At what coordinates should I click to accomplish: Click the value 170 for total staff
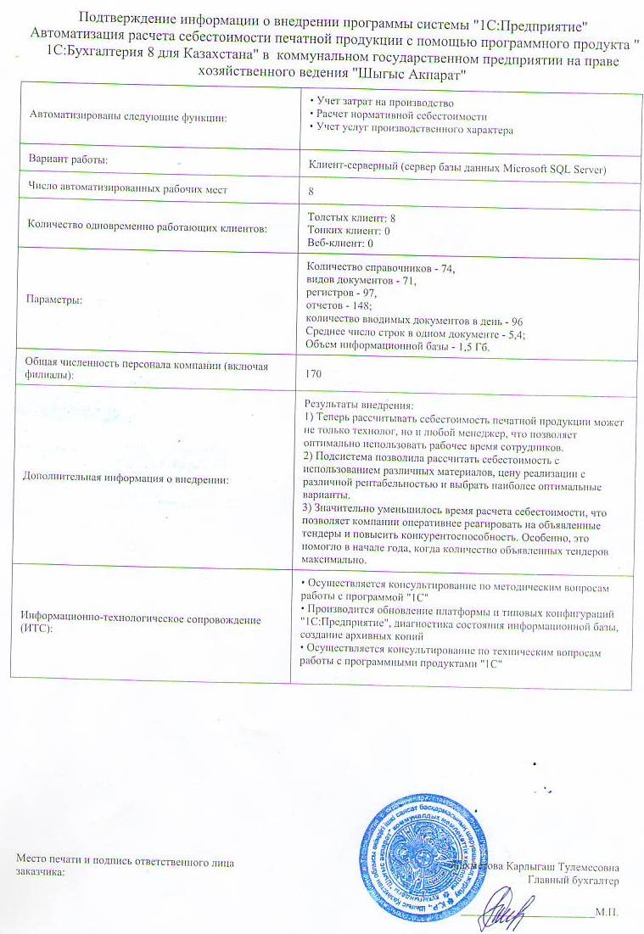[x=316, y=373]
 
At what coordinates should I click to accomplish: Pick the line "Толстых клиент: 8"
[x=351, y=218]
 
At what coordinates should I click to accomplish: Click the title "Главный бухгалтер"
[x=574, y=881]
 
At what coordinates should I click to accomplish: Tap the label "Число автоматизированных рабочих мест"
[x=129, y=188]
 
